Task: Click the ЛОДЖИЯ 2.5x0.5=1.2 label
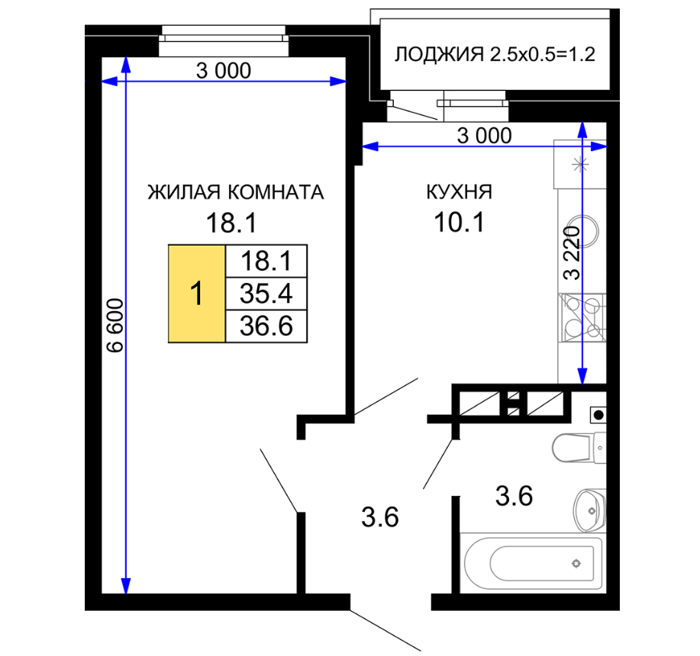click(495, 54)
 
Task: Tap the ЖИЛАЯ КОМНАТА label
click(236, 192)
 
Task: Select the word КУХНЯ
click(460, 191)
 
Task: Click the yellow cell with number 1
click(197, 294)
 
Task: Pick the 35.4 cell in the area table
click(266, 294)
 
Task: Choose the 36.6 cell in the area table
click(266, 326)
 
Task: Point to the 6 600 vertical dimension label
click(115, 326)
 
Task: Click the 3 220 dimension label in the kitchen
click(572, 252)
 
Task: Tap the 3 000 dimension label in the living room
click(224, 70)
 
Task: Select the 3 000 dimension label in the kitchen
click(485, 136)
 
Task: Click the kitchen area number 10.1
click(460, 222)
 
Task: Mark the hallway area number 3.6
click(380, 517)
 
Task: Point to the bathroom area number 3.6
click(515, 496)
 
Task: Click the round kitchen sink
click(582, 231)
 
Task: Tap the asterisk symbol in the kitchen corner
click(580, 165)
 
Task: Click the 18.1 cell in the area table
click(266, 262)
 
